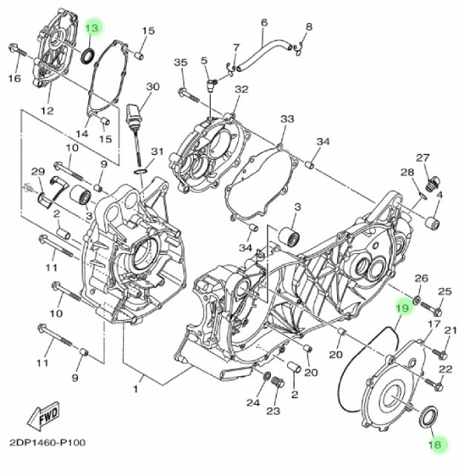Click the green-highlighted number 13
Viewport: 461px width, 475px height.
(x=93, y=27)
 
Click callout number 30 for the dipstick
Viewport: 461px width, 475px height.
(x=152, y=87)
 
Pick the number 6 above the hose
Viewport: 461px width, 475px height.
(x=264, y=23)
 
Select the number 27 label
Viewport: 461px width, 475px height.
(x=423, y=158)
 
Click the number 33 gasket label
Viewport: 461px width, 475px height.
(x=287, y=119)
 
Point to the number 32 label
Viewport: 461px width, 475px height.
(x=241, y=90)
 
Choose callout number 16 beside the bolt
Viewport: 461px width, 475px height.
(x=13, y=78)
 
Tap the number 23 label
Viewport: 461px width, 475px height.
(x=273, y=410)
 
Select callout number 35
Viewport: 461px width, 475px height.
(x=182, y=63)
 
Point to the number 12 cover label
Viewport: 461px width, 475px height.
(x=47, y=111)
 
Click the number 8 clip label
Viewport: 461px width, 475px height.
(x=309, y=27)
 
